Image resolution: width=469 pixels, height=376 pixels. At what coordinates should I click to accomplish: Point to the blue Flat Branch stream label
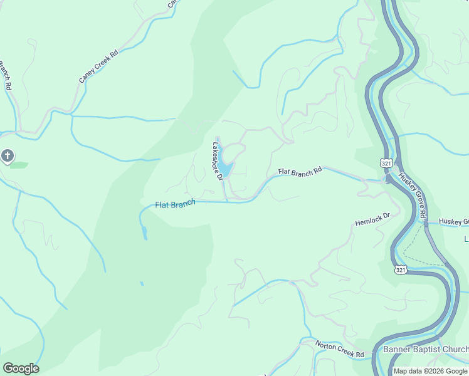(x=175, y=204)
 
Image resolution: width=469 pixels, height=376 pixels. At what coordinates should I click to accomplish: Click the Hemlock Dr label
(x=372, y=219)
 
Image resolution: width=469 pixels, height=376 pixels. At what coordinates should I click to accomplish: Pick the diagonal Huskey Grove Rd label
(x=413, y=196)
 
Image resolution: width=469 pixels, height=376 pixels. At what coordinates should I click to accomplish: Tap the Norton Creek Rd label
(x=340, y=350)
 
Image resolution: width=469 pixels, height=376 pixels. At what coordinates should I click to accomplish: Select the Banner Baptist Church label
(x=425, y=350)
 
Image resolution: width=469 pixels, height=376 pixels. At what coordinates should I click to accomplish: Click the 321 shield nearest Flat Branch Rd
(x=386, y=163)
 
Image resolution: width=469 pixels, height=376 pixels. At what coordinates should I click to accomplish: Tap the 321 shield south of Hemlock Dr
(x=402, y=269)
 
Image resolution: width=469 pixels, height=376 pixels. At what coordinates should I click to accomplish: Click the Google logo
(x=21, y=368)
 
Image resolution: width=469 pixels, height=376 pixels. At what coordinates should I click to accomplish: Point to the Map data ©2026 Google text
(x=430, y=371)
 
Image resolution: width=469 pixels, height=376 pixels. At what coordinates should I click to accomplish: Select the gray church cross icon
(x=7, y=155)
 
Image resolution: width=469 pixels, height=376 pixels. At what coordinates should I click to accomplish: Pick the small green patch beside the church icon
(x=19, y=165)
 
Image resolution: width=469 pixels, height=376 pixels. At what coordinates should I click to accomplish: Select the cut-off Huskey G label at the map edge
(x=453, y=221)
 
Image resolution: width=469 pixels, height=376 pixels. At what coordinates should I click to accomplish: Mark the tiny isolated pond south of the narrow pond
(x=142, y=283)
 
